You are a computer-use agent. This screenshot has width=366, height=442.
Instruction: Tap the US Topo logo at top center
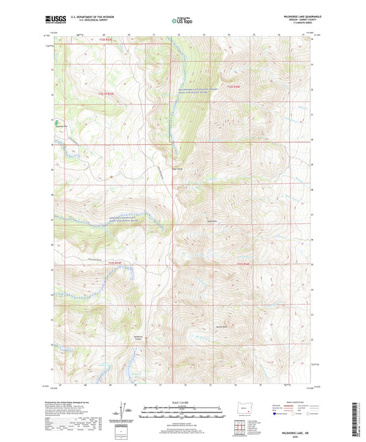pos(181,21)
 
